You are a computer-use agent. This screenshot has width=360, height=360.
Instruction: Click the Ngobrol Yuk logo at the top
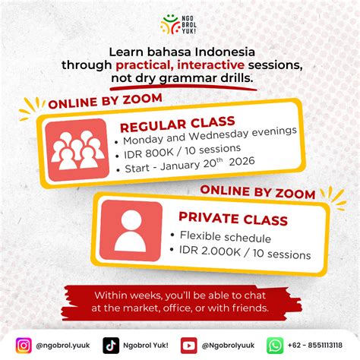(178, 24)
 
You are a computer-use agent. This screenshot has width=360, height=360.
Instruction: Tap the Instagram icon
(24, 346)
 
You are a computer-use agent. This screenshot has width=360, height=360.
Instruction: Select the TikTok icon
(111, 346)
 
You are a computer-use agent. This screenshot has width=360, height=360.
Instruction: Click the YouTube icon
(188, 346)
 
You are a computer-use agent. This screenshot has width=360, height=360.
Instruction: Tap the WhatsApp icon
(275, 346)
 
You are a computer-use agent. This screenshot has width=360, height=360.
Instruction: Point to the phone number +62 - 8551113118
(315, 345)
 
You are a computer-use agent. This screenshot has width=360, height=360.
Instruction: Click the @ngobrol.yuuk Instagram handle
(63, 346)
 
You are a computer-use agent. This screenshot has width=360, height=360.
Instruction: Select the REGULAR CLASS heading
(178, 124)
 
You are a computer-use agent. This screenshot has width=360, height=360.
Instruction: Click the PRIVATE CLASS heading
(233, 218)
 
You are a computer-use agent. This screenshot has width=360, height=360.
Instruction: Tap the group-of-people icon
(77, 150)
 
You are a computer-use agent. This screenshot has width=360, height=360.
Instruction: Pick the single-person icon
(131, 230)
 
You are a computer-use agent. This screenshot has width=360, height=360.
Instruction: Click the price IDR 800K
(148, 153)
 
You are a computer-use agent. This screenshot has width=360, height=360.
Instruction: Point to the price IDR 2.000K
(210, 251)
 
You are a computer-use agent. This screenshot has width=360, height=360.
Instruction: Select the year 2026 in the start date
(242, 162)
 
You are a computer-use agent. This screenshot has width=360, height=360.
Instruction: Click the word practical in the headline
(144, 65)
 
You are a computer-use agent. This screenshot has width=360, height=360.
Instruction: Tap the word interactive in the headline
(210, 65)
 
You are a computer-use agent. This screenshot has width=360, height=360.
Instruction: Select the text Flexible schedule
(226, 237)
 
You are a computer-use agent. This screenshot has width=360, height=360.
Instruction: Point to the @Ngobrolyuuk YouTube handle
(228, 346)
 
